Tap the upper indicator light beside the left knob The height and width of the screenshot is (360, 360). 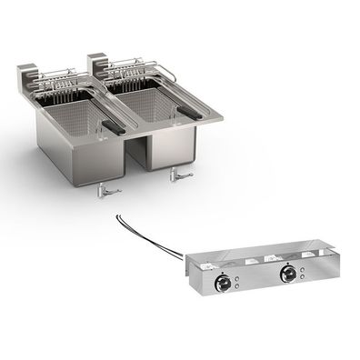point(237,271)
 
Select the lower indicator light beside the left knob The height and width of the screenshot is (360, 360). point(237,283)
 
